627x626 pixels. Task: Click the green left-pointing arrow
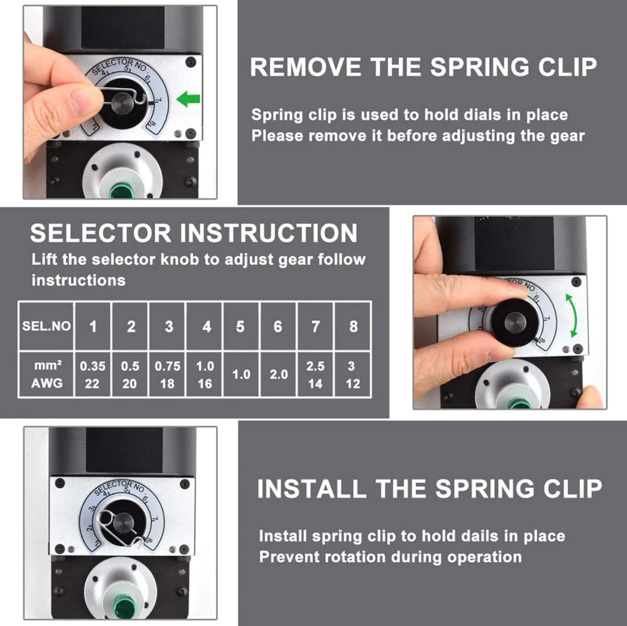pyautogui.click(x=188, y=99)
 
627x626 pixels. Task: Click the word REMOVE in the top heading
pyautogui.click(x=306, y=67)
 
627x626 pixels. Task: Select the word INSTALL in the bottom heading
pyautogui.click(x=312, y=489)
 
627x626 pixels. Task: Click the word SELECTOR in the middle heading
pyautogui.click(x=101, y=233)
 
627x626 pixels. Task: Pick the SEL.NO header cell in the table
pyautogui.click(x=46, y=326)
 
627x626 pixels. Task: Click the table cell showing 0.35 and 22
pyautogui.click(x=93, y=375)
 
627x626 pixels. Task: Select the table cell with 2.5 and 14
pyautogui.click(x=315, y=375)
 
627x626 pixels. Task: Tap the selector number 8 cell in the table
pyautogui.click(x=353, y=326)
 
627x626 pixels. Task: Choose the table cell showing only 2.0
pyautogui.click(x=278, y=375)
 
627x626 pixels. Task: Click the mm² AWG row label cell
pyautogui.click(x=46, y=375)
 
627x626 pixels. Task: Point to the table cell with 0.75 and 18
pyautogui.click(x=167, y=375)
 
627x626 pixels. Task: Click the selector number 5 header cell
pyautogui.click(x=241, y=326)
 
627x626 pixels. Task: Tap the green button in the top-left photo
pyautogui.click(x=120, y=192)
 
